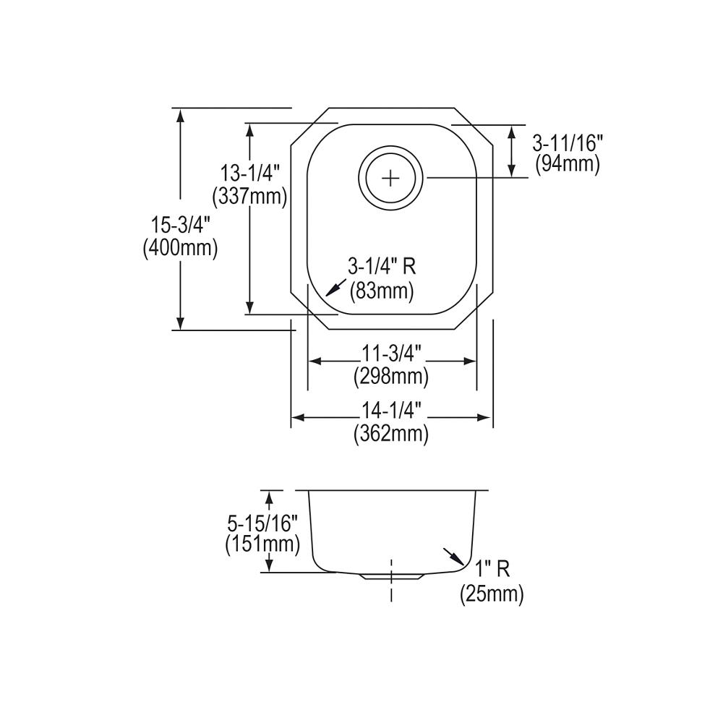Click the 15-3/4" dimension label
point(180,226)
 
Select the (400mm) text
point(180,249)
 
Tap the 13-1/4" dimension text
point(249,174)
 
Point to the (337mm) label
point(249,197)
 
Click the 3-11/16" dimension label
point(568,143)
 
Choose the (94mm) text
point(568,164)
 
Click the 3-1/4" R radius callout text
point(382,267)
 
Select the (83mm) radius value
point(381,291)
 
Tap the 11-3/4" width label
point(391,354)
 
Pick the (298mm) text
point(391,377)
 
